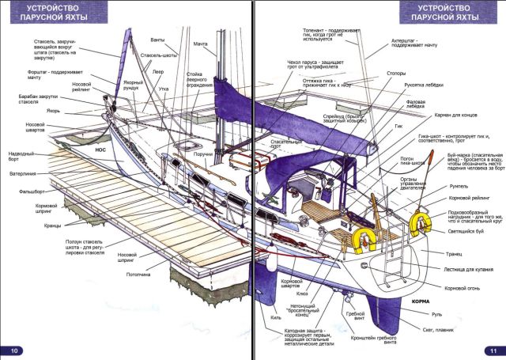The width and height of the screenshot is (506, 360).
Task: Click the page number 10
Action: (x=13, y=350)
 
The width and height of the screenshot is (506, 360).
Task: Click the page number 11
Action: (x=492, y=350)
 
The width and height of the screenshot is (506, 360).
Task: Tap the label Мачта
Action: (x=201, y=44)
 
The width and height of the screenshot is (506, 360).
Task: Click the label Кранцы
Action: (x=53, y=225)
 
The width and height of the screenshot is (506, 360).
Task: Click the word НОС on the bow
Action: (x=100, y=148)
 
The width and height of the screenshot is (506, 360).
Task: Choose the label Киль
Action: (x=276, y=318)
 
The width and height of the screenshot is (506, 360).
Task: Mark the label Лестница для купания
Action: (x=462, y=270)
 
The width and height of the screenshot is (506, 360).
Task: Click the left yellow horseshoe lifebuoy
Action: (x=364, y=239)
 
